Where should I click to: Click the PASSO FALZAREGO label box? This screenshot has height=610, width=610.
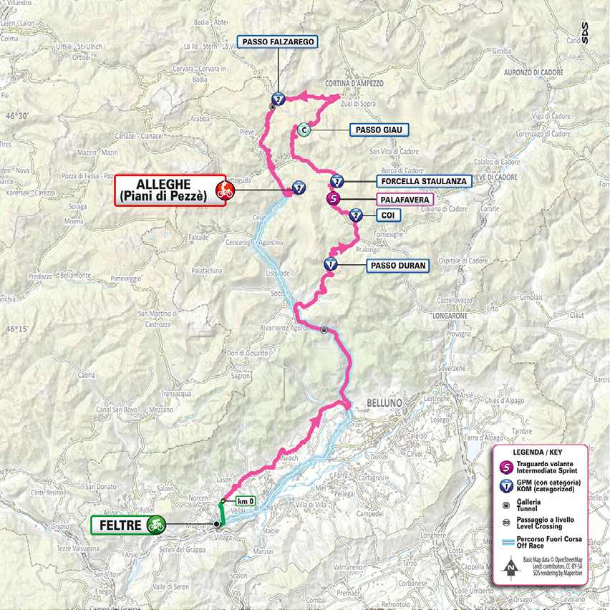coord(278,43)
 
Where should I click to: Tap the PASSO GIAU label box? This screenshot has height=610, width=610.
coord(379,130)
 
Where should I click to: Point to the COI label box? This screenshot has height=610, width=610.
coord(387,214)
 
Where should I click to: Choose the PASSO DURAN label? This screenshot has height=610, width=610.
coord(398,266)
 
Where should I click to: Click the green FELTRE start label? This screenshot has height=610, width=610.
coord(117,525)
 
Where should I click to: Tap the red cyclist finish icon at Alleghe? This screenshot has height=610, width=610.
coord(224,190)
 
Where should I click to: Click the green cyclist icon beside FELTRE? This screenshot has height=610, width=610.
coord(155,525)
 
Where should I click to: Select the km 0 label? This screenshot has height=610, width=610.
coord(244,500)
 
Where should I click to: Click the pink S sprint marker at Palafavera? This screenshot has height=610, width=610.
coord(332,199)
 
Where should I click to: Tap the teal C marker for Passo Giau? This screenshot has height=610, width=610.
coord(304,130)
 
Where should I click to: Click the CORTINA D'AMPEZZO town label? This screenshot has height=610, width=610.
coord(354,83)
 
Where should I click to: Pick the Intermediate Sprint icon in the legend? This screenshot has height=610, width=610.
coord(508,468)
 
